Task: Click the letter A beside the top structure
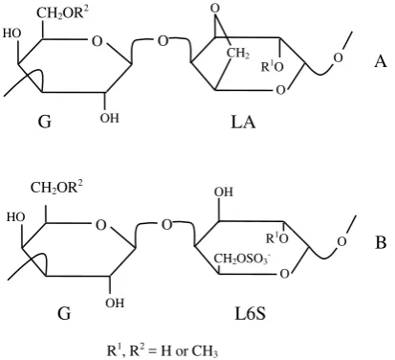pyautogui.click(x=381, y=60)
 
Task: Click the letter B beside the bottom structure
pyautogui.click(x=381, y=242)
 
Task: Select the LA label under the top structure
pyautogui.click(x=243, y=122)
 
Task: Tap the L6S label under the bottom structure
pyautogui.click(x=250, y=313)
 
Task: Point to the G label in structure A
pyautogui.click(x=45, y=122)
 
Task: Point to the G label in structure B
pyautogui.click(x=64, y=313)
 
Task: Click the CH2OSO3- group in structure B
pyautogui.click(x=242, y=259)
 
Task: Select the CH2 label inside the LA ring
pyautogui.click(x=238, y=54)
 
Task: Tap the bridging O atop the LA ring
pyautogui.click(x=216, y=9)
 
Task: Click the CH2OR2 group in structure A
pyautogui.click(x=62, y=13)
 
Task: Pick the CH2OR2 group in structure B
pyautogui.click(x=56, y=187)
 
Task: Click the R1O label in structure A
pyautogui.click(x=273, y=67)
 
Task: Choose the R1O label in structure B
pyautogui.click(x=277, y=237)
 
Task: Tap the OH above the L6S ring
pyautogui.click(x=224, y=191)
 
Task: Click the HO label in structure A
pyautogui.click(x=12, y=34)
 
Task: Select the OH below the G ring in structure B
pyautogui.click(x=115, y=303)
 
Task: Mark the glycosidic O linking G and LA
pyautogui.click(x=163, y=41)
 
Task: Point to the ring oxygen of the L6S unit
pyautogui.click(x=284, y=274)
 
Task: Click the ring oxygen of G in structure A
pyautogui.click(x=97, y=41)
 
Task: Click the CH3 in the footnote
pyautogui.click(x=205, y=351)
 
